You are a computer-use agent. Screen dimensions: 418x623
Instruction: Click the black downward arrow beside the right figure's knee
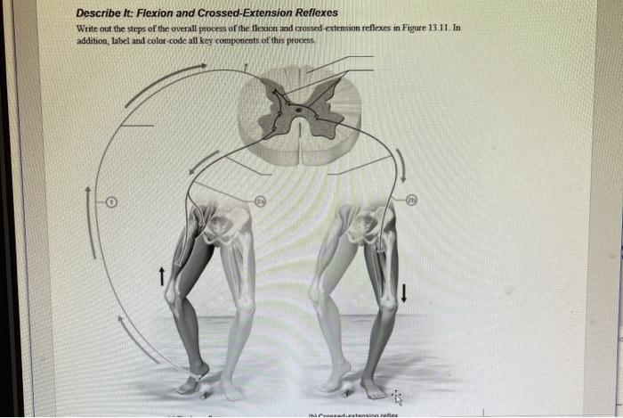point(405,292)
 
